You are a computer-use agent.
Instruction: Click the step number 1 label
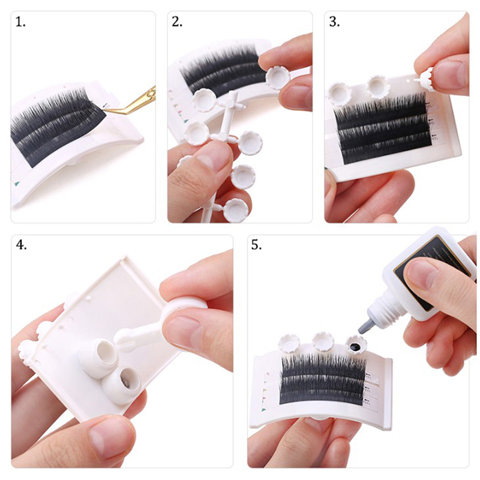pos(20,22)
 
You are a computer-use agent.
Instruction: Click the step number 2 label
pos(177,22)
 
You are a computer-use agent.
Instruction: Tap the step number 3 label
pos(334,22)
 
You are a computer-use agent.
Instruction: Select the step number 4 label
pos(21,245)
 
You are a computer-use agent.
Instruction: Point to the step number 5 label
pos(256,245)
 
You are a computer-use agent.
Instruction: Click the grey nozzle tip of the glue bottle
pos(364,325)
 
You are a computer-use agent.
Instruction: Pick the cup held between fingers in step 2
pos(277,77)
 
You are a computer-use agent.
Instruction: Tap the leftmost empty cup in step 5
pos(289,343)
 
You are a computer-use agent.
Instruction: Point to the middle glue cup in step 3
pos(377,86)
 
